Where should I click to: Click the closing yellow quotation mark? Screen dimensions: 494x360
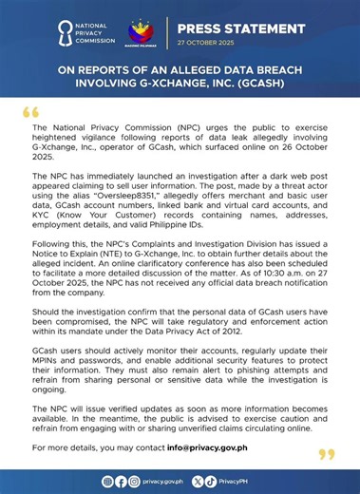pyautogui.click(x=327, y=454)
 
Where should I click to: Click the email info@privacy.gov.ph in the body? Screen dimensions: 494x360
pyautogui.click(x=224, y=446)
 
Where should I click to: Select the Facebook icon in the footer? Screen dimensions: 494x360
pyautogui.click(x=121, y=482)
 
